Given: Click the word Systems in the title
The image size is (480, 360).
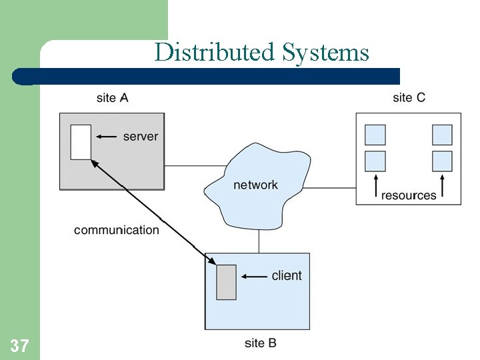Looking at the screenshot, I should pos(325,52).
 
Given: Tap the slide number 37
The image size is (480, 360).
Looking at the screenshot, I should pos(19,345).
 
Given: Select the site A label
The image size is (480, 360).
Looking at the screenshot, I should pos(112,98).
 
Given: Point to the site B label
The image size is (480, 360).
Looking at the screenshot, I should pos(260,343).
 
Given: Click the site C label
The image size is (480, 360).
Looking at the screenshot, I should pos(409,98).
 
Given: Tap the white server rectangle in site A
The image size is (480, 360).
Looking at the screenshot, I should pos(81,142).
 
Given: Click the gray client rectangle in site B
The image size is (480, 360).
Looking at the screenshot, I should pos(226,282).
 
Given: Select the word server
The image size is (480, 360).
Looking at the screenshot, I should pos(141,137).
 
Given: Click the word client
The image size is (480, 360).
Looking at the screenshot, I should pos(287,275).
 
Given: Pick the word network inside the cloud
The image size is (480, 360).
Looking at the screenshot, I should pos(255,185).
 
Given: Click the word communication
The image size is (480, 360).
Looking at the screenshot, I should pos(117,230).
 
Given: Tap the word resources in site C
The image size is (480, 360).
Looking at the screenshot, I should pos(409,195).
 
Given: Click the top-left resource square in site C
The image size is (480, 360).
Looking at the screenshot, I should pos(375,135).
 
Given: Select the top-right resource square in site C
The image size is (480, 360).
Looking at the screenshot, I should pos(442,135).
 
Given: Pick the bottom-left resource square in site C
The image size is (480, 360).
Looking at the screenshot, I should pos(375,161).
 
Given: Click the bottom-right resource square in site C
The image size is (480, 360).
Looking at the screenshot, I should pos(442,161).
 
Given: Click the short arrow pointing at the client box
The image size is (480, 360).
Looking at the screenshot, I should pos(253,276).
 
